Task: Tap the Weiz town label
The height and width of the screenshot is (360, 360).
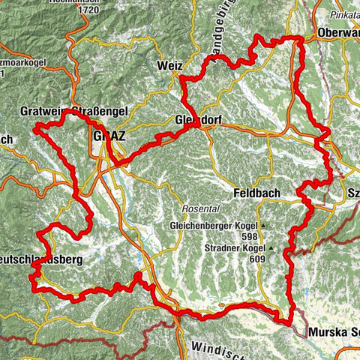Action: click(x=170, y=66)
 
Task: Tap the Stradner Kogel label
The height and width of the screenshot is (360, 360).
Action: click(x=234, y=247)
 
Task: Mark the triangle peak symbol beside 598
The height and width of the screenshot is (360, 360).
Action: click(x=264, y=226)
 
